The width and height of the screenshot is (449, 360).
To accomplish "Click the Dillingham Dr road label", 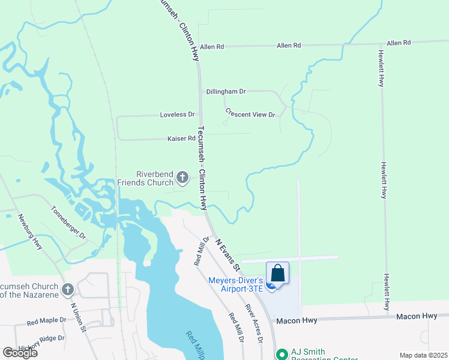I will point(226,91).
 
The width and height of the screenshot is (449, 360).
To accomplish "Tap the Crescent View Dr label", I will point(250,112).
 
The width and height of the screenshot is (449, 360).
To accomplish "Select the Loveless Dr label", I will point(178,114).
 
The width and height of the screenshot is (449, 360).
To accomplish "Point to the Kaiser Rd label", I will point(181,139).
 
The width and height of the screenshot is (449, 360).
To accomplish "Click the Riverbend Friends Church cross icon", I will point(182,178).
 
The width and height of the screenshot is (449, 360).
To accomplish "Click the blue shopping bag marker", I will point(277,274).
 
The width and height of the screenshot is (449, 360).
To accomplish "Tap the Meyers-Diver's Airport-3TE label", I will point(236,284).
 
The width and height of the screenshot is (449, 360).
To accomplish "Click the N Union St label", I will point(79,317).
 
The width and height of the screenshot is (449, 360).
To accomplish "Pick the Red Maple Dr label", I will point(47,322).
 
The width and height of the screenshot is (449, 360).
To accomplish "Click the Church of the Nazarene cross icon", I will point(67,290).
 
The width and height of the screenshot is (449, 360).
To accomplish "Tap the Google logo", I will point(20,352).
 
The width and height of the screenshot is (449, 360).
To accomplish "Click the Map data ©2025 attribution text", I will point(423,355).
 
